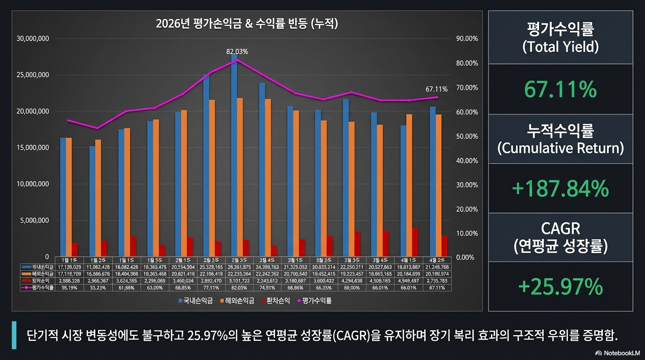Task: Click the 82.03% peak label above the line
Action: tap(237, 52)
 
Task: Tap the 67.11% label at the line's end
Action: tap(436, 89)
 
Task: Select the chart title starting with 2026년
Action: tap(247, 24)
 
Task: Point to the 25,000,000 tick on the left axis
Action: tap(33, 75)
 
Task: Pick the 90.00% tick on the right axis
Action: tap(467, 39)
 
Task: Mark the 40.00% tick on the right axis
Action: tap(467, 161)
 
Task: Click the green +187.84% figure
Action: tap(561, 189)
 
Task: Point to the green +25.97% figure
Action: tap(561, 286)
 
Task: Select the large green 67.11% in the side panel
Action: tap(561, 89)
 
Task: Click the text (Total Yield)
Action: tap(561, 47)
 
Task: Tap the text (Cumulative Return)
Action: tap(561, 148)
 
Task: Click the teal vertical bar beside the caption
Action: tap(14, 335)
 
